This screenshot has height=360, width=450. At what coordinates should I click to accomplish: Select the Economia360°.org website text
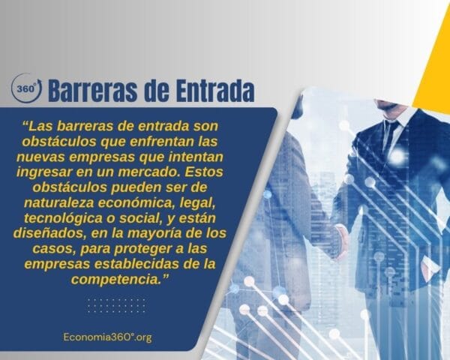108,337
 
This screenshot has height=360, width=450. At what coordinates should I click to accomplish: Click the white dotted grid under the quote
117,305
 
